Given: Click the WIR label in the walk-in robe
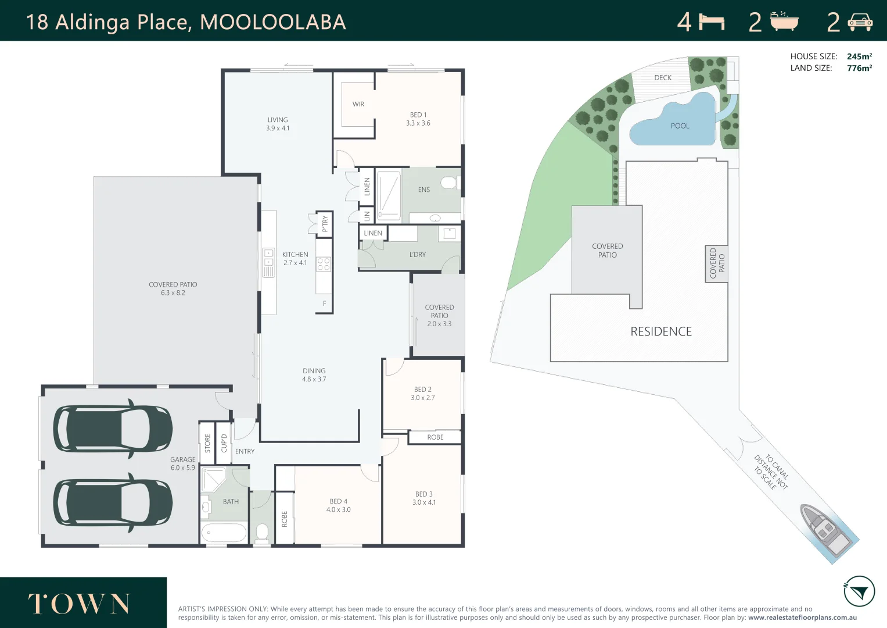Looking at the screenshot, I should [x=358, y=104].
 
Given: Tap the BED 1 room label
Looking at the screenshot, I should [x=418, y=115].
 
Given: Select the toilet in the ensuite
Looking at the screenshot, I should [x=449, y=183].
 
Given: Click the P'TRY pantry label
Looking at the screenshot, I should [x=325, y=223].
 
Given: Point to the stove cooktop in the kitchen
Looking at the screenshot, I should [x=324, y=264].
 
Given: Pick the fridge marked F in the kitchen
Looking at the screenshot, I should [x=324, y=304].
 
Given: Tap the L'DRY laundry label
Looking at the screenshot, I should [x=417, y=255].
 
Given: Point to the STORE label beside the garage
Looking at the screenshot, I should [x=207, y=443].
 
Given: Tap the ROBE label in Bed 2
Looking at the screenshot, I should [x=435, y=437].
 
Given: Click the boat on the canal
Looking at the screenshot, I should [x=825, y=530].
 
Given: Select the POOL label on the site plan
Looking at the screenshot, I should [x=680, y=126].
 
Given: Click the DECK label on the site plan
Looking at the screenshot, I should [x=663, y=78].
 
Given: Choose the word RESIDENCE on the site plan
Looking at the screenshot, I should [x=661, y=331].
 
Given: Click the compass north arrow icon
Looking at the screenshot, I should [x=859, y=592].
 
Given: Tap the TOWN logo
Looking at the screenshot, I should [x=80, y=604].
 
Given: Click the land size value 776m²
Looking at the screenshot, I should [x=859, y=68].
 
